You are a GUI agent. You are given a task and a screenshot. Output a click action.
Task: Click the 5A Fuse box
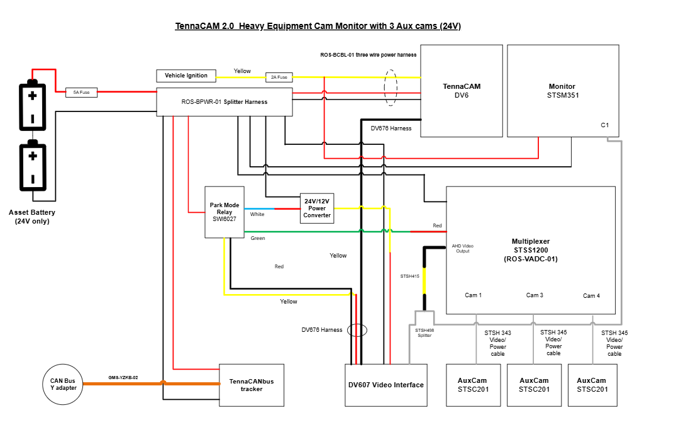pos(82,93)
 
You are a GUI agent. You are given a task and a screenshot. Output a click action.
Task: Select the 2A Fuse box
pos(279,77)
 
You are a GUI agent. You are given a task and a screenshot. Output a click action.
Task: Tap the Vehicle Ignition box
pos(186,76)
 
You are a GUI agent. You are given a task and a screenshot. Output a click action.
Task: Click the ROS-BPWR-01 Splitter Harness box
pos(224,102)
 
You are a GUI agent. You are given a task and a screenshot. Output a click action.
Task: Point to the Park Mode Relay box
pos(224,212)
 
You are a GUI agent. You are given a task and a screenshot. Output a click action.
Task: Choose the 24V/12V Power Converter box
pos(317,208)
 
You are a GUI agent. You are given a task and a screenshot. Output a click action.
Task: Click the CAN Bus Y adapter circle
pos(63,385)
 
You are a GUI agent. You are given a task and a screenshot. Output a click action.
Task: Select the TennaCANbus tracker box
pos(252,385)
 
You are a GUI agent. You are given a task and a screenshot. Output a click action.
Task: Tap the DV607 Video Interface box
pos(386,385)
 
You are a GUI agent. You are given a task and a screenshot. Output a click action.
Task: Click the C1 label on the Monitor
pos(605,125)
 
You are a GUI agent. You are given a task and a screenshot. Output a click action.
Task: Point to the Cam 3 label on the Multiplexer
pos(535,295)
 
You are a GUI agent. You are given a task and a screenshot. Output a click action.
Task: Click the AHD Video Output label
pos(463,248)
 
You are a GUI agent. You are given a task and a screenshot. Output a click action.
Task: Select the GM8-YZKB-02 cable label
pos(123,378)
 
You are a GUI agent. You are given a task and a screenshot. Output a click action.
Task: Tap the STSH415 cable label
pos(409,276)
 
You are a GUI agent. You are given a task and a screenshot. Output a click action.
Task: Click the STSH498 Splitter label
pos(424,333)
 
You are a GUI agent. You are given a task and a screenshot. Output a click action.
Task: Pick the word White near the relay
pos(257,214)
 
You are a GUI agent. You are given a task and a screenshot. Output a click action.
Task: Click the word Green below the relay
pos(258,238)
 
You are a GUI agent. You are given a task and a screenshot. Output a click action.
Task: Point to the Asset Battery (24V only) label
pos(32,217)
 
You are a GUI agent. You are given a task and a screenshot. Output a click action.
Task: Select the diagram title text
pos(318,26)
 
